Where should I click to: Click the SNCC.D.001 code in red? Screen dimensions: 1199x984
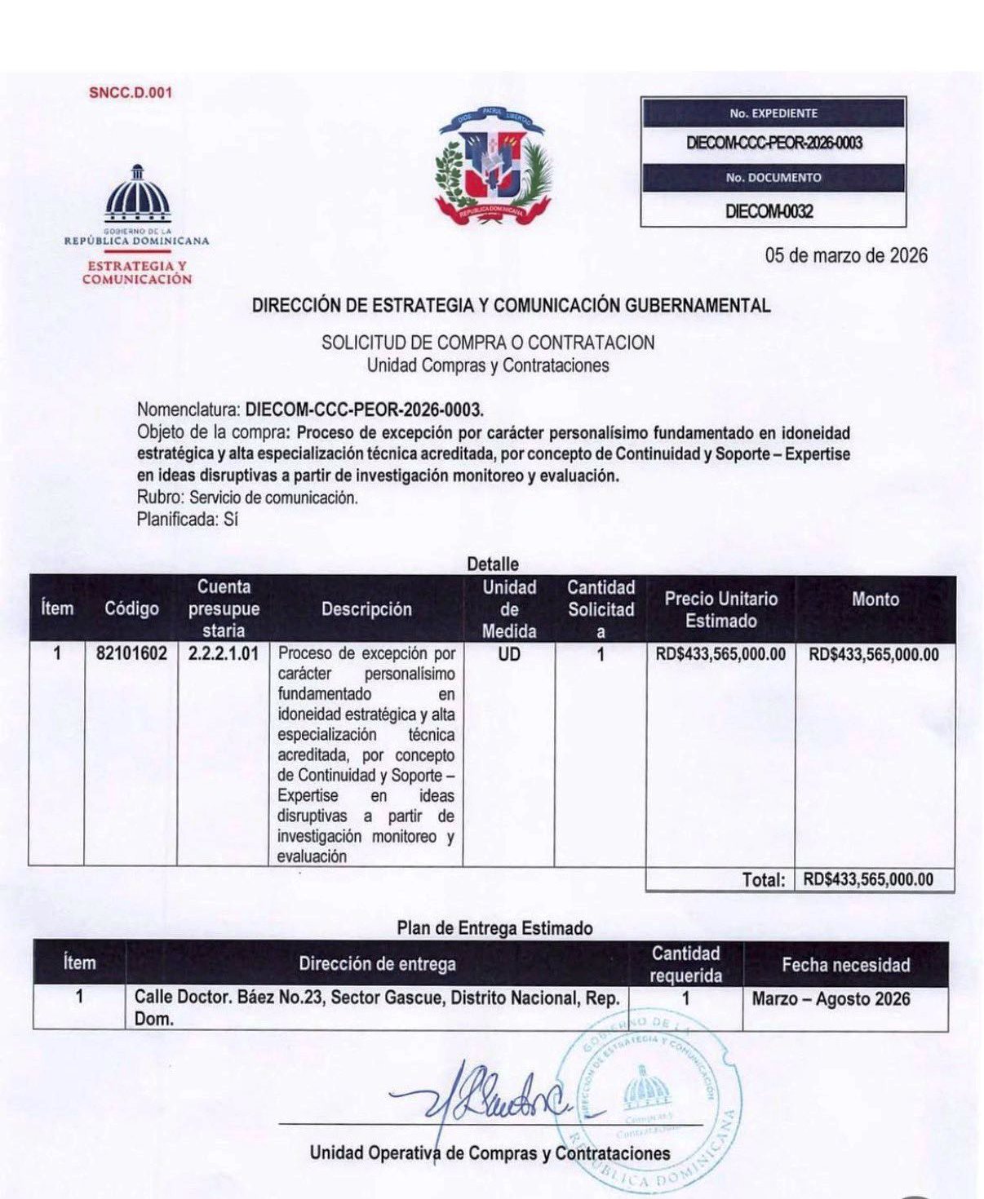131,92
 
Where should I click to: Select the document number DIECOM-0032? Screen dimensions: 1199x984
769,211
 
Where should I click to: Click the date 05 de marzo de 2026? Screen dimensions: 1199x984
845,255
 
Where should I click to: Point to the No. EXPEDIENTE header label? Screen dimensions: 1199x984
773,113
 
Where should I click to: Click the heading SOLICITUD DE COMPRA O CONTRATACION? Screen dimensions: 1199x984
488,343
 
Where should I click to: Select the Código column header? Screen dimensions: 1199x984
131,608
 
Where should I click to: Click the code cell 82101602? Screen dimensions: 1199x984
131,654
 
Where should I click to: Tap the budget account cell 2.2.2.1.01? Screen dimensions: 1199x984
223,654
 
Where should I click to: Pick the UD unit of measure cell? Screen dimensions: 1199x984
508,654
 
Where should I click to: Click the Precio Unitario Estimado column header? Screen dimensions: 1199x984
720,609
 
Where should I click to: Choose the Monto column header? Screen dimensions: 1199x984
875,599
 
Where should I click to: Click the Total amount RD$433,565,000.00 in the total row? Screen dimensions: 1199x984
868,879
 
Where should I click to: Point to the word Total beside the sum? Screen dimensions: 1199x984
763,879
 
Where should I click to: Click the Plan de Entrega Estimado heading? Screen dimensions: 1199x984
494,928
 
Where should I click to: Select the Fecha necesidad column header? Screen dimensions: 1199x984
845,965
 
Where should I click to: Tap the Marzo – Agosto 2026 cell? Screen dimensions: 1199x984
831,998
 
